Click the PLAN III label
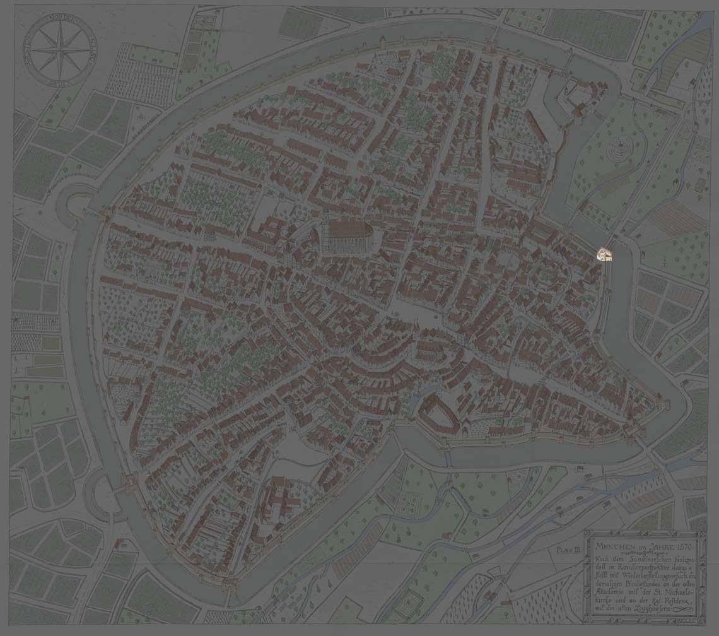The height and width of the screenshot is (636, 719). tap(568, 550)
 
